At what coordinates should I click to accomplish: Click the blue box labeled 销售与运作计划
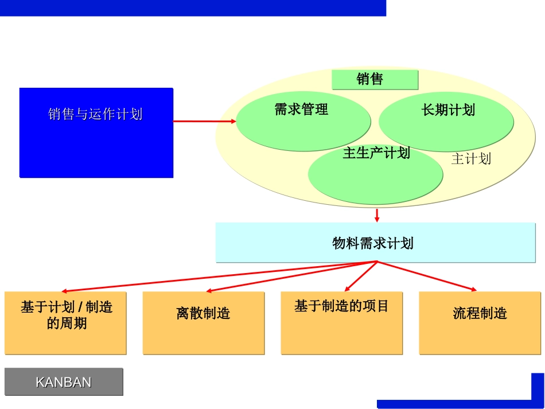(x=96, y=133)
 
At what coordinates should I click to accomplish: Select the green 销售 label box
(x=375, y=80)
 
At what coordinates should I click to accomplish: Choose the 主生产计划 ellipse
(x=375, y=175)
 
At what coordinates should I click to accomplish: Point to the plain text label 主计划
(x=471, y=159)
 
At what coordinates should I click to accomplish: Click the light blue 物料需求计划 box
(x=372, y=243)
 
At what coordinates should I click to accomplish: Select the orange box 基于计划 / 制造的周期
(x=65, y=323)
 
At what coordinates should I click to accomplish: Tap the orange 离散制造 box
(x=203, y=323)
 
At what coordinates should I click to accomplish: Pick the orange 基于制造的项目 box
(x=341, y=323)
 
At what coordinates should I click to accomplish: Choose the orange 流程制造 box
(x=480, y=323)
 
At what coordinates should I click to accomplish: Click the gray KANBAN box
(x=64, y=382)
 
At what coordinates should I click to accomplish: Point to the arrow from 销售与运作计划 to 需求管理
(x=204, y=121)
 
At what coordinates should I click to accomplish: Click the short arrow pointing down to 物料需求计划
(x=377, y=215)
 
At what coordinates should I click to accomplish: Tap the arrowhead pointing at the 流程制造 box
(x=473, y=289)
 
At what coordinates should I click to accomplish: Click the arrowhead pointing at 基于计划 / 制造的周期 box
(x=65, y=291)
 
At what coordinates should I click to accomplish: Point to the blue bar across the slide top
(x=192, y=7)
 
